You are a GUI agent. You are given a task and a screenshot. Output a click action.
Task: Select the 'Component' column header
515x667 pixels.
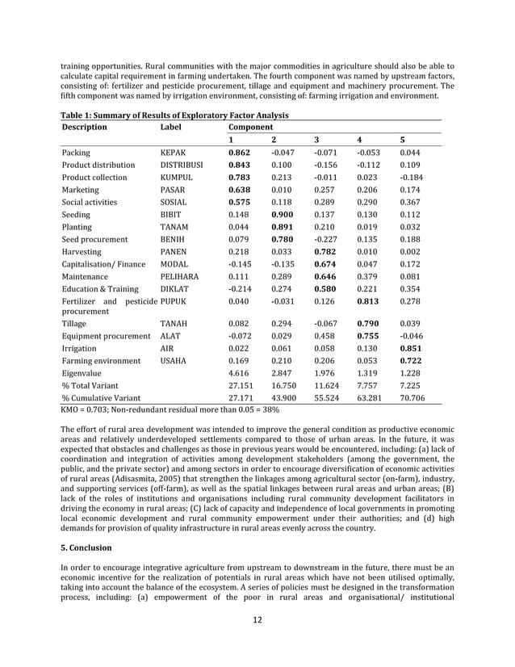(251, 127)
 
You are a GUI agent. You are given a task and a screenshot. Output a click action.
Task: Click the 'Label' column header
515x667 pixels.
(171, 127)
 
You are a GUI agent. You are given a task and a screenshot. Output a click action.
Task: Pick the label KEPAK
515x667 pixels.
(174, 152)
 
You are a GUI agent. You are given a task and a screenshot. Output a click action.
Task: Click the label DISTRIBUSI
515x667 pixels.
(182, 165)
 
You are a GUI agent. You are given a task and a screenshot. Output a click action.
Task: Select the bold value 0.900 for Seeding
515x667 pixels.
(283, 215)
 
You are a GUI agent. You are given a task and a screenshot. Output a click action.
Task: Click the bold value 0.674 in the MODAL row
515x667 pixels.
(325, 264)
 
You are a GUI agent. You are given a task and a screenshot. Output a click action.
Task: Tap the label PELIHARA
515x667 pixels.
(179, 277)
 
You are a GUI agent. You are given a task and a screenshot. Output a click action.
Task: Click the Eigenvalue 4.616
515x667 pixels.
(240, 373)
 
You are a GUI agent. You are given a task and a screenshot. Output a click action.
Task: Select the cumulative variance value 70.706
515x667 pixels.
(414, 398)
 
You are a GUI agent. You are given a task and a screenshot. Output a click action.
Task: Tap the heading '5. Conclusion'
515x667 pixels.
(90, 547)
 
